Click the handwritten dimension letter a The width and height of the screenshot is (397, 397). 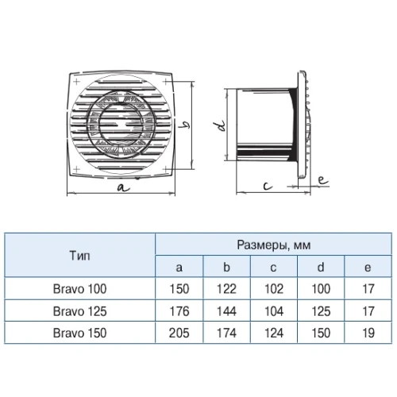coord(124,187)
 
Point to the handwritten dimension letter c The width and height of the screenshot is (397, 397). coord(268,186)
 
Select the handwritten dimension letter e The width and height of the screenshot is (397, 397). coord(322,180)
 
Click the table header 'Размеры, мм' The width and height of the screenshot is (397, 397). coord(273,245)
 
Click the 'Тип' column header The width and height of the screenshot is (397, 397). coord(79,256)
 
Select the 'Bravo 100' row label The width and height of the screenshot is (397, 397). coord(79,289)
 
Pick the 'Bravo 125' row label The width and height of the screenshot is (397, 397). coord(79,311)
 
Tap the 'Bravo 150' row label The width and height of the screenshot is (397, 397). coord(79,333)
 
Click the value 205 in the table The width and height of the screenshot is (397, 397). coord(179,333)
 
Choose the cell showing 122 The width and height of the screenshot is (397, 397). coord(226,289)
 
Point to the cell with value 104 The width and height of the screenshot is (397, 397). coord(274,311)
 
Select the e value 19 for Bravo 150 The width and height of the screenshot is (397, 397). coord(368,333)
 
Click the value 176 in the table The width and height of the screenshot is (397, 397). coord(179,311)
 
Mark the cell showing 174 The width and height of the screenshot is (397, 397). coord(226,333)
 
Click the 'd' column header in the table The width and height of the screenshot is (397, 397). coord(321,268)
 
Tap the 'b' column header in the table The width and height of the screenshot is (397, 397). coord(226,268)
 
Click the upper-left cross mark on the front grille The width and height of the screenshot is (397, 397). coord(76,81)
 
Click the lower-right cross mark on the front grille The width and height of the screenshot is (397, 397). coord(166,168)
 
